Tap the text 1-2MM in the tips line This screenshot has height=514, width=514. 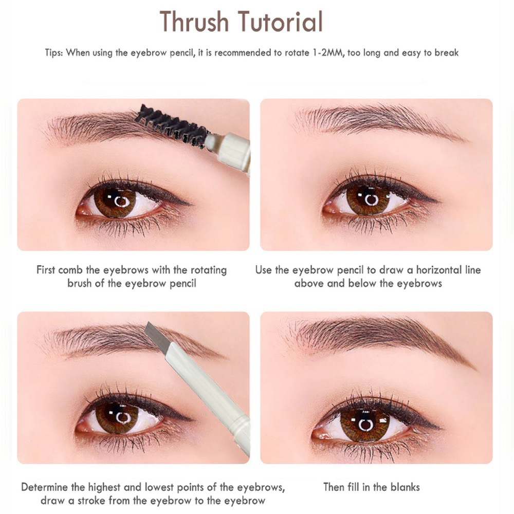(x=327, y=52)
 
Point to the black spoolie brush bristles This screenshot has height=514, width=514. (x=170, y=123)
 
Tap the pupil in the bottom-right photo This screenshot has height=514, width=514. (x=365, y=425)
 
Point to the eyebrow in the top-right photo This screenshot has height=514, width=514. (x=375, y=119)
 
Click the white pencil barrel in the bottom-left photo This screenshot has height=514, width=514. (x=211, y=391)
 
